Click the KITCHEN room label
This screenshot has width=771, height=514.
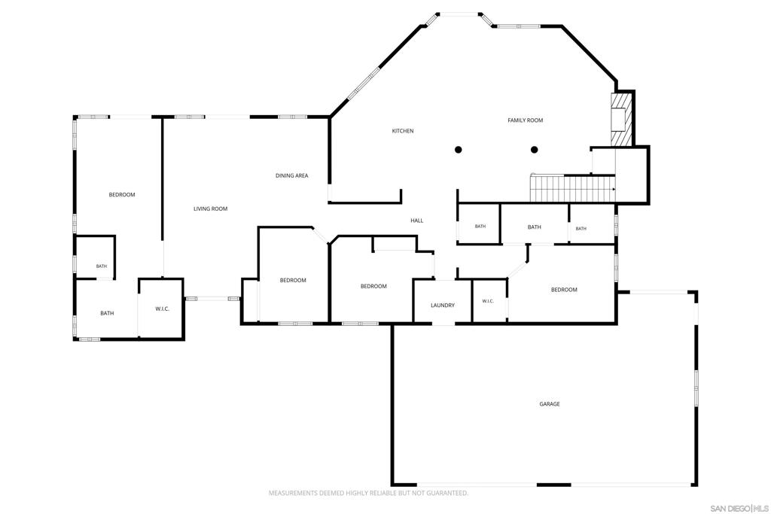[403, 131]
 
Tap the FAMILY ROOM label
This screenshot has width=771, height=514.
[525, 120]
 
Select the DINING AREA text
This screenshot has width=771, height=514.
[291, 175]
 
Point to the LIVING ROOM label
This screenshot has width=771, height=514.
[211, 209]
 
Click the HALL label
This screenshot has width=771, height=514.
[417, 221]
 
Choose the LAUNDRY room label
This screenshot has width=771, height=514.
[443, 305]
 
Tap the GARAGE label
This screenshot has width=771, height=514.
[550, 404]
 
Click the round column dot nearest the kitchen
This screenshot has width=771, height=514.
[459, 150]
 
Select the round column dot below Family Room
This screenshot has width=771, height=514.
[535, 150]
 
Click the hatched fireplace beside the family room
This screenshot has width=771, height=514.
[620, 120]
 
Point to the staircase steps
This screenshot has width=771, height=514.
[572, 189]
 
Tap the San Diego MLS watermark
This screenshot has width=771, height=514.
[739, 508]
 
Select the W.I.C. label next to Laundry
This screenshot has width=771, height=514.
[488, 301]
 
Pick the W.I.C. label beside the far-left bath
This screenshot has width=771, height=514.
[163, 309]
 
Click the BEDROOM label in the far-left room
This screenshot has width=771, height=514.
[122, 195]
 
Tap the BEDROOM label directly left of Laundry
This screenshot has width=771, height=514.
[373, 286]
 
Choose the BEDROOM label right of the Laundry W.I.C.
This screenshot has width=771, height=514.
[564, 290]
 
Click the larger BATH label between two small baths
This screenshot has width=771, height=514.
[535, 227]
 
